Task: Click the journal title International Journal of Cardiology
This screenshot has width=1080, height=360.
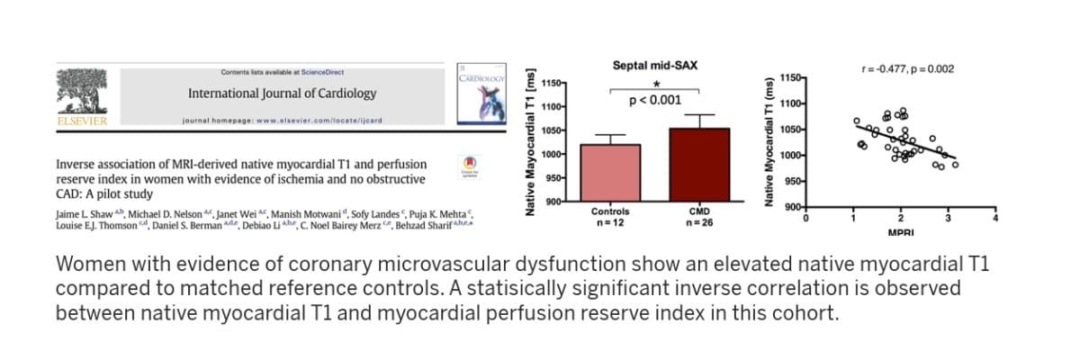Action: (282, 94)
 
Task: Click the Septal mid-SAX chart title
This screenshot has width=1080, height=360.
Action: (654, 66)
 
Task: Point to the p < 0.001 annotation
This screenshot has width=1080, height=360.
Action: (654, 100)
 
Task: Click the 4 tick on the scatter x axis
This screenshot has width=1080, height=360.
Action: (995, 218)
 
